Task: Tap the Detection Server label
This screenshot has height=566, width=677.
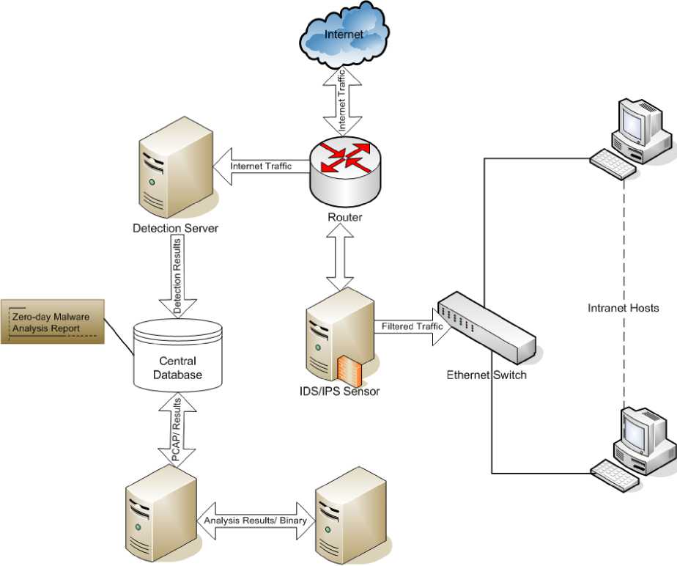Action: pos(175,229)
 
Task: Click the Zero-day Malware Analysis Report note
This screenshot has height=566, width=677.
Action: pos(52,323)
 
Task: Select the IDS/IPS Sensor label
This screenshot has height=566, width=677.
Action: pos(344,392)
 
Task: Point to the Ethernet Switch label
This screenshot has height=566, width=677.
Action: pos(487,375)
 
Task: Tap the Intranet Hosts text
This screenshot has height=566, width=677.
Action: pos(624,308)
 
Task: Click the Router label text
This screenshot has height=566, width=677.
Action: pos(344,218)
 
